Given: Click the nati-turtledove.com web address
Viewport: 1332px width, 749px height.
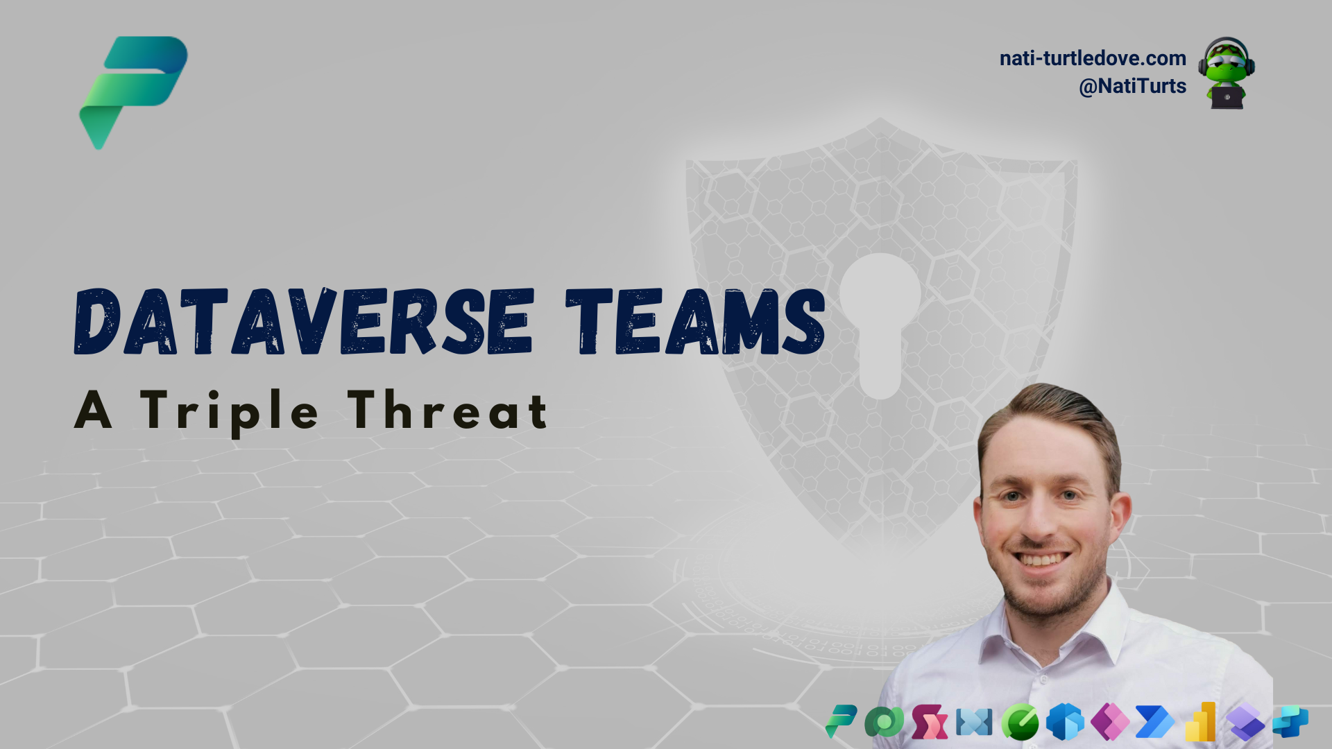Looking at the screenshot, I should pyautogui.click(x=1092, y=58).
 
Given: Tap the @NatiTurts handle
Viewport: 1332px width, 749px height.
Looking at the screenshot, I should pyautogui.click(x=1132, y=86).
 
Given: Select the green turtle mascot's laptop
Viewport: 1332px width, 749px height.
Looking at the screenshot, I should pyautogui.click(x=1227, y=97).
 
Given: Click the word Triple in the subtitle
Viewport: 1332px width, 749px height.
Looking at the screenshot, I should pyautogui.click(x=229, y=411).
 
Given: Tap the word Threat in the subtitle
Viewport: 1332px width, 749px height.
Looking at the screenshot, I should pyautogui.click(x=448, y=411).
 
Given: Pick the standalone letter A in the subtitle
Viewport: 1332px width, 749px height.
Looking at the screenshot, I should pyautogui.click(x=93, y=411).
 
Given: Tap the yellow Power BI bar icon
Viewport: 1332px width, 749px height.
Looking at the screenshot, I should pyautogui.click(x=1201, y=722).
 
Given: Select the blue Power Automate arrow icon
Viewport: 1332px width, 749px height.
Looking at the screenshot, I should pyautogui.click(x=1154, y=722).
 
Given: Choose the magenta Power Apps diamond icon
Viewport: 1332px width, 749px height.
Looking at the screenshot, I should pyautogui.click(x=1110, y=722).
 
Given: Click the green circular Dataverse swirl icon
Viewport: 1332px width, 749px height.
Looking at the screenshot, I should pyautogui.click(x=884, y=722).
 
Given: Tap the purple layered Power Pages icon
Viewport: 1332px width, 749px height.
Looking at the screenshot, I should pyautogui.click(x=1246, y=722).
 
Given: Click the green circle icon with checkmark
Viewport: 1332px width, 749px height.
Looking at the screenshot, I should pyautogui.click(x=1020, y=722).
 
